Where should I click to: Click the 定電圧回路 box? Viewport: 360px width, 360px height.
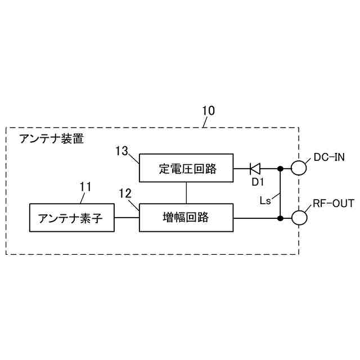(187, 168)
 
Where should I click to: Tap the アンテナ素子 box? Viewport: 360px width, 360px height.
(71, 218)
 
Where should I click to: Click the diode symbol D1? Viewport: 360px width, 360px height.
(255, 168)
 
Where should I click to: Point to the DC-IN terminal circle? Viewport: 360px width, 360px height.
(298, 168)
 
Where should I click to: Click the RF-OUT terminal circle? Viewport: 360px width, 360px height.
(298, 217)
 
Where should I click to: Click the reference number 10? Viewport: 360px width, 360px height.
(208, 111)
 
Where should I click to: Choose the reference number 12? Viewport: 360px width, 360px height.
(125, 193)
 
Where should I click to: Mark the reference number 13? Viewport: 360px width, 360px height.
(122, 151)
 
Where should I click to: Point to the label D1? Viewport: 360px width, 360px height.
(257, 182)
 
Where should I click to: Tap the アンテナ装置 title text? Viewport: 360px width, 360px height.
(51, 139)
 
